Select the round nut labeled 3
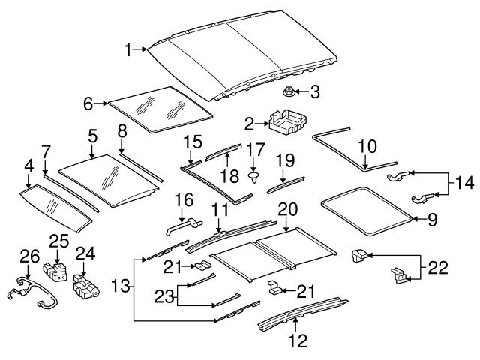288,93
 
